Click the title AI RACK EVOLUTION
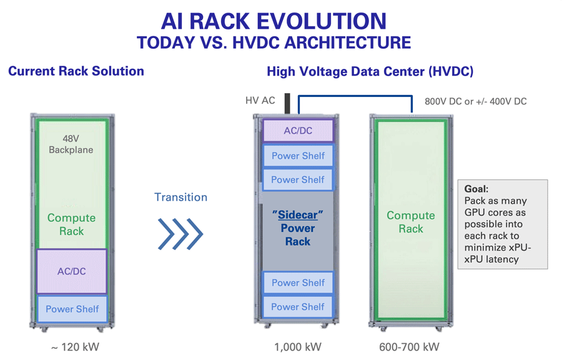(x=274, y=21)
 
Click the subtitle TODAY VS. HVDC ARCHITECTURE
(x=274, y=43)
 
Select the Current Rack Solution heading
(x=76, y=71)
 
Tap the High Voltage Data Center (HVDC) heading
(x=370, y=72)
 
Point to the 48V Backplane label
(x=71, y=144)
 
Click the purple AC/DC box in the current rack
(x=72, y=271)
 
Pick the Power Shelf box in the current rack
(x=72, y=309)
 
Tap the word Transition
(x=180, y=197)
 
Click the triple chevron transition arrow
(x=180, y=234)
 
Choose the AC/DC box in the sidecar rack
(x=298, y=131)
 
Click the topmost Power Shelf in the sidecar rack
(x=298, y=156)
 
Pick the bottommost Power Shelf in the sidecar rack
(x=298, y=307)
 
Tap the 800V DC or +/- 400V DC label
(x=475, y=101)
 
